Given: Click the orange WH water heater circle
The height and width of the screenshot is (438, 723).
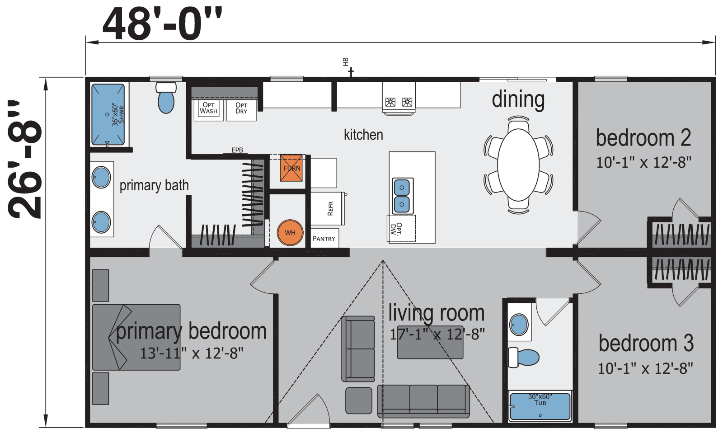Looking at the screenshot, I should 290,233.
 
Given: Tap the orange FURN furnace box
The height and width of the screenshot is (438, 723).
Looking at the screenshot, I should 291,168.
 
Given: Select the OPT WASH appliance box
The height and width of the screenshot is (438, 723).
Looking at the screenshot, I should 208,109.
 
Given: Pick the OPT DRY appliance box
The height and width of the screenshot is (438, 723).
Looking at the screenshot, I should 241,109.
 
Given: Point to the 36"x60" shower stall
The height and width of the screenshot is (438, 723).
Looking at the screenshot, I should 108,114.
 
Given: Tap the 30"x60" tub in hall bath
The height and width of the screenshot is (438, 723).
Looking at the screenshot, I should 540,406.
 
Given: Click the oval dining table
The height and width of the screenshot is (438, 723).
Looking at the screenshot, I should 518,165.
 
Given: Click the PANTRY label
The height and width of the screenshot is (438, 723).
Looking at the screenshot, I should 324,239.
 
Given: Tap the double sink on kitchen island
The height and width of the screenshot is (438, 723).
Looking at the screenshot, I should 402,196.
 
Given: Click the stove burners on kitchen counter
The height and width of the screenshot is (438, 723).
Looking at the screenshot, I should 399,102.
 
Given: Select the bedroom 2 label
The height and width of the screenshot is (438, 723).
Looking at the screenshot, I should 643,138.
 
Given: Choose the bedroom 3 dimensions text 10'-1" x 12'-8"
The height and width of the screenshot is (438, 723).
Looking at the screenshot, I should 645,368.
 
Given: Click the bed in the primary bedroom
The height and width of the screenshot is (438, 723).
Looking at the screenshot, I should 136,337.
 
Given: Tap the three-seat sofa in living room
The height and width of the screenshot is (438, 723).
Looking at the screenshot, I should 423,400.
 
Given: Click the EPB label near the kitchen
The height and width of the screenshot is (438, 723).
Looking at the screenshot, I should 237,150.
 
